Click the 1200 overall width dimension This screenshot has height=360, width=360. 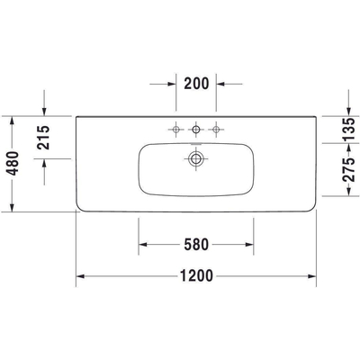(x=196, y=276)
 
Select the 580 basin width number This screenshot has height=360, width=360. (x=196, y=243)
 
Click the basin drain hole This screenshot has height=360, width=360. (x=195, y=159)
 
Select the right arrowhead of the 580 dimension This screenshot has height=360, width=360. (x=248, y=243)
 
